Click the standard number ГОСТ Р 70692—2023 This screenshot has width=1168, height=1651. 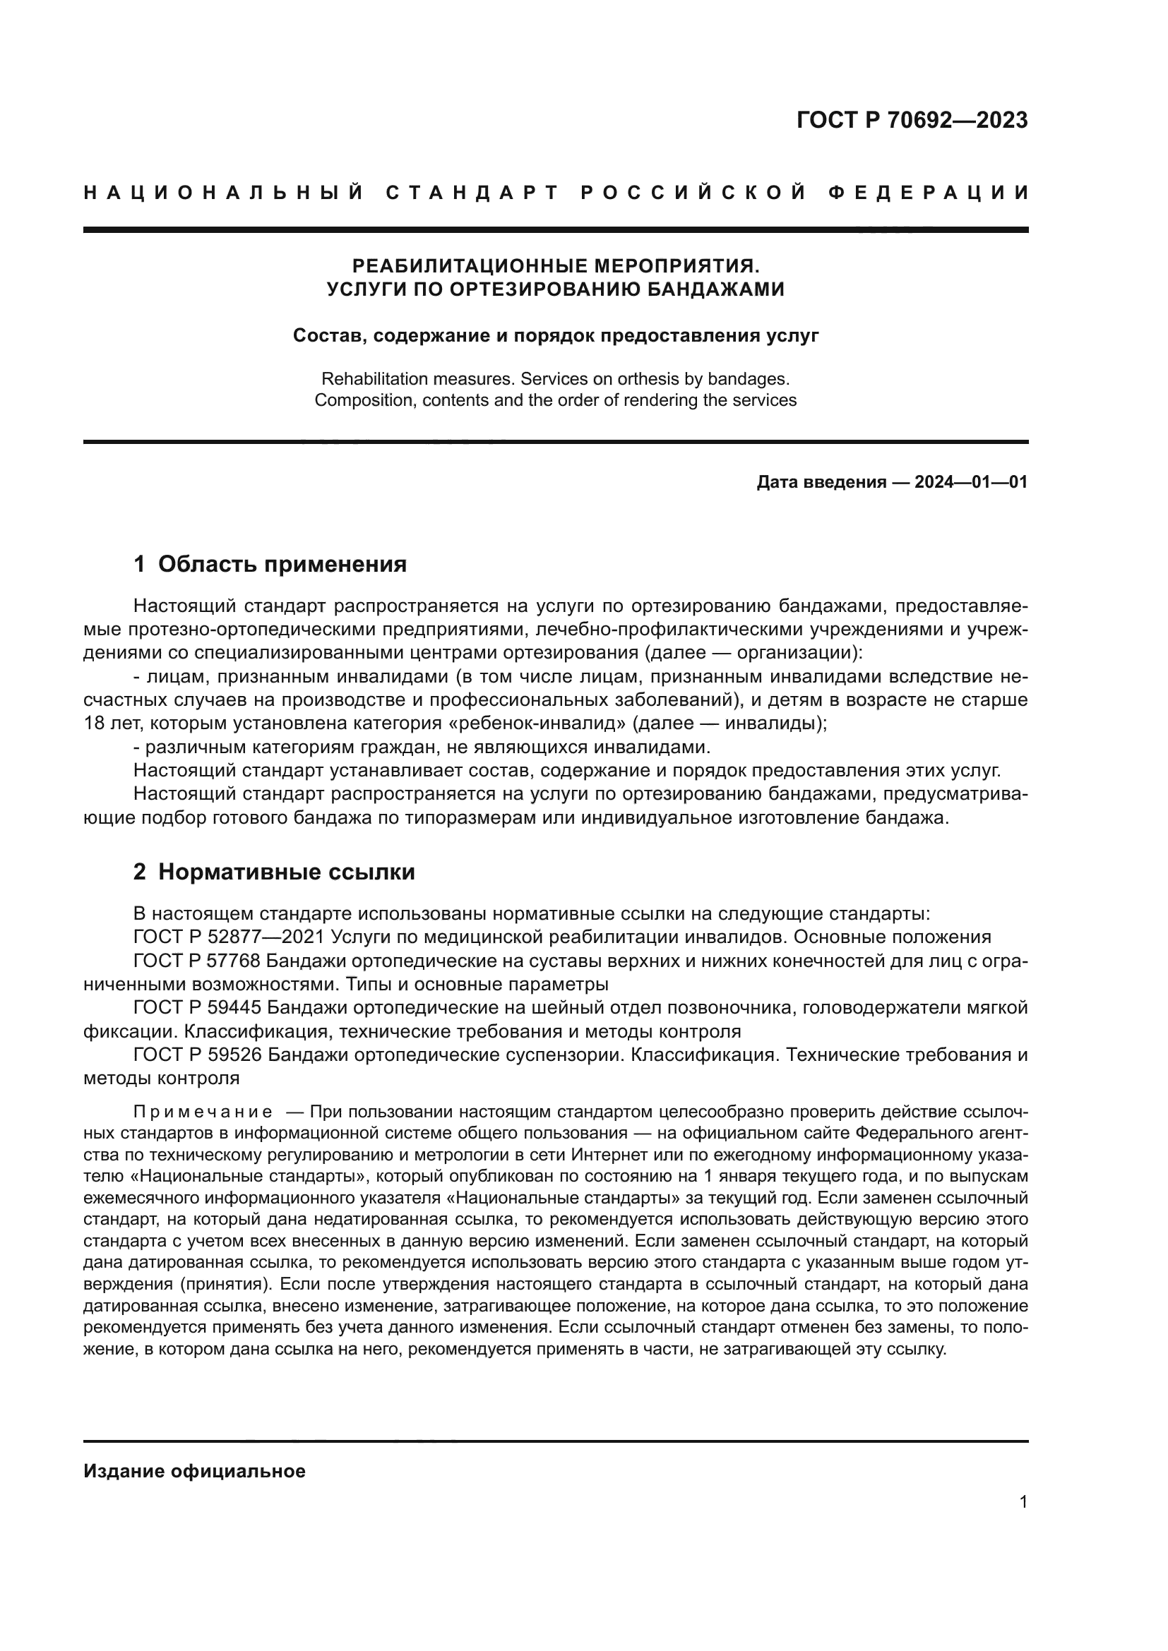coord(911,120)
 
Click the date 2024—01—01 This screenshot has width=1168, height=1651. coord(970,482)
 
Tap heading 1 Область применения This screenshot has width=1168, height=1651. coord(270,564)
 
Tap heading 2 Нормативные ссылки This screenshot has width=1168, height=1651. coord(274,872)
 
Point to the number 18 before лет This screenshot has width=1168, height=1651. coord(93,724)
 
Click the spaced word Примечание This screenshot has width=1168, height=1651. coord(203,1112)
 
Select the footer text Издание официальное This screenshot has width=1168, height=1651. coord(194,1471)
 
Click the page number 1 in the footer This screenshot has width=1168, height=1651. coord(1023,1502)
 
